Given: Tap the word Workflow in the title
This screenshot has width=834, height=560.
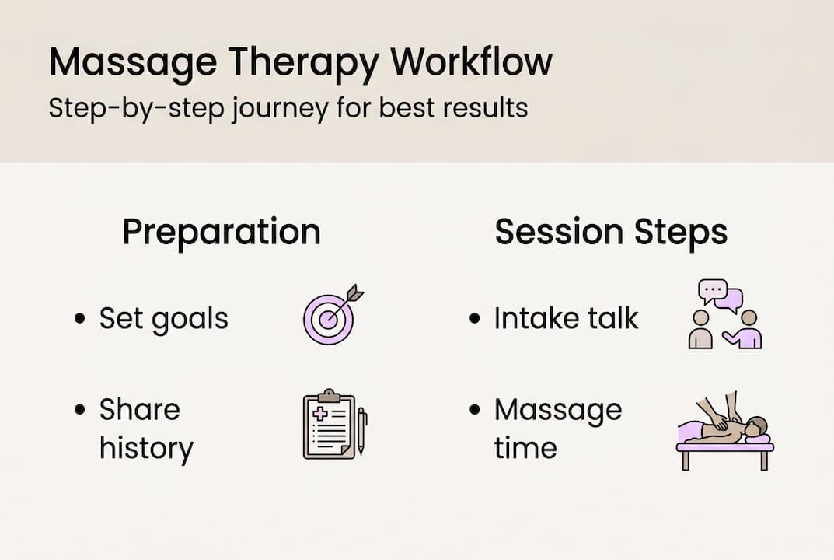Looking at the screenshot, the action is (x=472, y=61).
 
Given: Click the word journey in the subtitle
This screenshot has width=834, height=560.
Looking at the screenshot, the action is (x=281, y=109).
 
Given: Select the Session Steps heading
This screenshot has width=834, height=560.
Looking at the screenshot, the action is (x=611, y=232).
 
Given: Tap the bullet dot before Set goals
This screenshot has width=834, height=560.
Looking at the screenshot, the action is (x=80, y=319).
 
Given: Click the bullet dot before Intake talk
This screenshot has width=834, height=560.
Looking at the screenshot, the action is (x=475, y=319).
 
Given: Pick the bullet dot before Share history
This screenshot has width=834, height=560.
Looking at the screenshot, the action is (x=80, y=410).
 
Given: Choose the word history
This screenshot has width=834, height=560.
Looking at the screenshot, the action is (x=146, y=448).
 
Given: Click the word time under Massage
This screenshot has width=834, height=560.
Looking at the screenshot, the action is (x=525, y=448).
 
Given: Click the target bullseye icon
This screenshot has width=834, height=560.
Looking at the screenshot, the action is (x=329, y=319).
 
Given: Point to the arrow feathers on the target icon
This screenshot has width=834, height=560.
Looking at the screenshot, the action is (x=354, y=293).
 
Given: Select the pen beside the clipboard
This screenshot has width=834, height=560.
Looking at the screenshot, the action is (x=361, y=431).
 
